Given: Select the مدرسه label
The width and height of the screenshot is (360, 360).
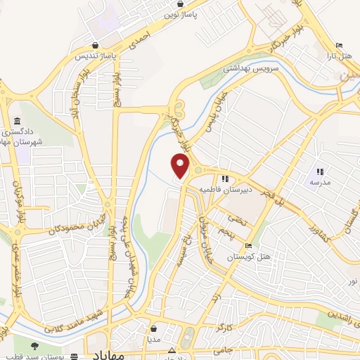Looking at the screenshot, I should coord(320,182).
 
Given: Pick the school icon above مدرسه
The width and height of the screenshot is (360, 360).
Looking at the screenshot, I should coord(320,171).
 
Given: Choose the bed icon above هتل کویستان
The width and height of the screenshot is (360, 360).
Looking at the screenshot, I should coord(248,246).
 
